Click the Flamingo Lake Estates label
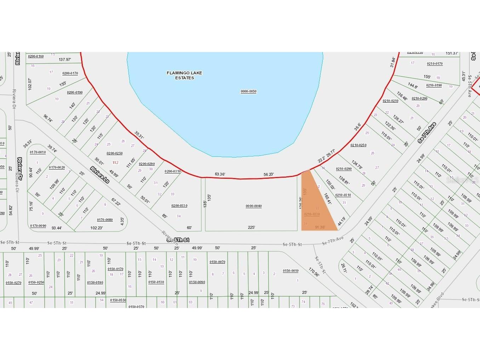click(x=184, y=75)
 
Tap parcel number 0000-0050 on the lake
click(x=248, y=91)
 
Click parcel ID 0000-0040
click(x=253, y=206)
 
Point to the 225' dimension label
click(x=251, y=228)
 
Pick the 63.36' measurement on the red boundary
click(x=220, y=174)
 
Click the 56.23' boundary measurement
click(x=269, y=175)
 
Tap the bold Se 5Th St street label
click(x=178, y=240)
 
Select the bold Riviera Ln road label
click(x=100, y=175)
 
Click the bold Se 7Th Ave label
click(x=427, y=133)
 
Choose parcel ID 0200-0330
click(x=179, y=206)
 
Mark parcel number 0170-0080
click(x=105, y=220)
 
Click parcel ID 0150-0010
click(x=291, y=271)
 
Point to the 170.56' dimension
click(x=314, y=272)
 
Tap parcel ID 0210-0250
click(x=358, y=145)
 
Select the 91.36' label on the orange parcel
click(x=320, y=227)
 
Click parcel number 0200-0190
click(x=75, y=92)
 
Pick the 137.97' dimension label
click(x=65, y=59)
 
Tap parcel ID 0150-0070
click(x=217, y=262)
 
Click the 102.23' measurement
click(x=96, y=228)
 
